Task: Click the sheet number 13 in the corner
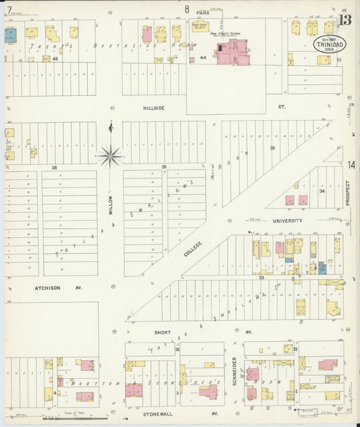(344, 19)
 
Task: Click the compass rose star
(109, 156)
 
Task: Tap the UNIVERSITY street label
(288, 220)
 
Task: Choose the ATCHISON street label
(47, 288)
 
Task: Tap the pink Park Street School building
(232, 52)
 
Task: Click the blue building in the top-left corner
(10, 35)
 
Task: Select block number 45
(57, 59)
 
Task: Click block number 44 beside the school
(202, 59)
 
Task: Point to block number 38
(54, 167)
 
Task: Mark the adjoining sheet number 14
(351, 166)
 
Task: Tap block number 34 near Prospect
(322, 191)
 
